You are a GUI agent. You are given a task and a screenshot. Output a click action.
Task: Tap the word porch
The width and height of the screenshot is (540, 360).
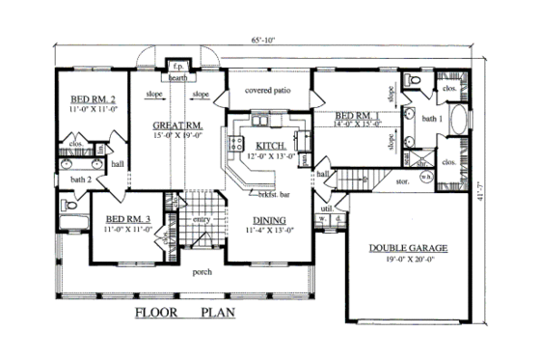202,271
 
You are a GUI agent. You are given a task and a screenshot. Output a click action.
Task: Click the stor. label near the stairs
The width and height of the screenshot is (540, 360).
403,180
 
